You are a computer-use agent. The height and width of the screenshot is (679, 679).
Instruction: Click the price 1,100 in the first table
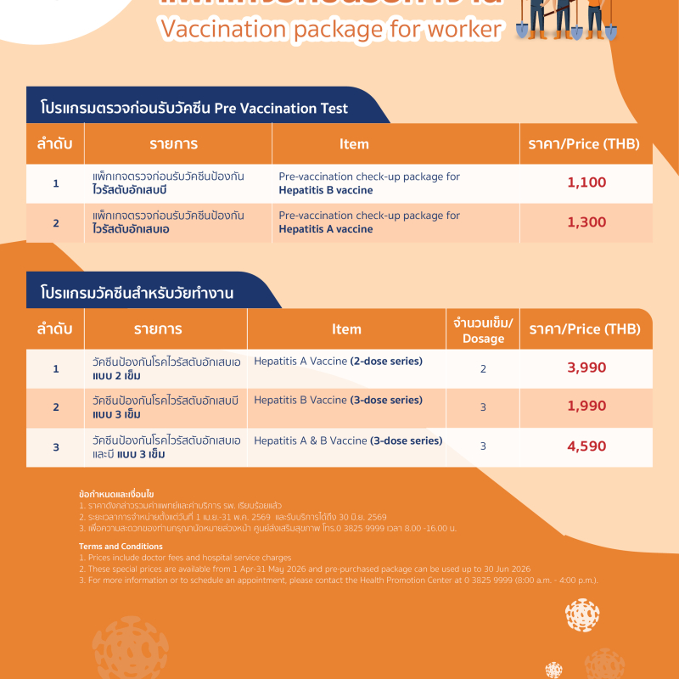click(586, 183)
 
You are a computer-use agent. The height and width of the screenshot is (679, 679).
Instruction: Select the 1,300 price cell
click(586, 222)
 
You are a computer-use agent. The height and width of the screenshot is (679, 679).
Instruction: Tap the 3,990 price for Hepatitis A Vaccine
click(586, 368)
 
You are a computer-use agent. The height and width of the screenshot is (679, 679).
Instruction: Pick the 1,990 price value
click(586, 407)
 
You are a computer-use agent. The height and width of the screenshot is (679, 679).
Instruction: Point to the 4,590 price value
click(586, 446)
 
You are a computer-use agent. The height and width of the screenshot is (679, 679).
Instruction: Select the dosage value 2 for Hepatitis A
click(483, 369)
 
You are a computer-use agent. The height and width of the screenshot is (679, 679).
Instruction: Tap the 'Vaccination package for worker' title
click(331, 30)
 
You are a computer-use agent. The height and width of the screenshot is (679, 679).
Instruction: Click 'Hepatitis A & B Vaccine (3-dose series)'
click(348, 441)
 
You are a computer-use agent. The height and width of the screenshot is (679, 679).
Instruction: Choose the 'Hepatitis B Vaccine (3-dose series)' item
click(338, 401)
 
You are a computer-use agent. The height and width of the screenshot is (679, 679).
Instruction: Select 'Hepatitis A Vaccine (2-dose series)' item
click(338, 362)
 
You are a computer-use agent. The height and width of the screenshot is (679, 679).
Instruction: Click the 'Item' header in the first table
click(354, 144)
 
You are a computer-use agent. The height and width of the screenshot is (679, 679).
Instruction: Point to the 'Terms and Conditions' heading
click(121, 547)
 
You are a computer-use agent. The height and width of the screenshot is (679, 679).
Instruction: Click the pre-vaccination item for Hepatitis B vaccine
click(369, 183)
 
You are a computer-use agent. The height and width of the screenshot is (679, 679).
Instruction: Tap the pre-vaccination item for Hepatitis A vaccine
click(369, 222)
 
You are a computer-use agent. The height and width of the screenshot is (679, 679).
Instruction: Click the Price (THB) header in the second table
click(585, 329)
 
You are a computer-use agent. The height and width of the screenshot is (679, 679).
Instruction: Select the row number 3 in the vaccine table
click(56, 446)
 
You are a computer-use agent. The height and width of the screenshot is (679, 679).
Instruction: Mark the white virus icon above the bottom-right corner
click(582, 614)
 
